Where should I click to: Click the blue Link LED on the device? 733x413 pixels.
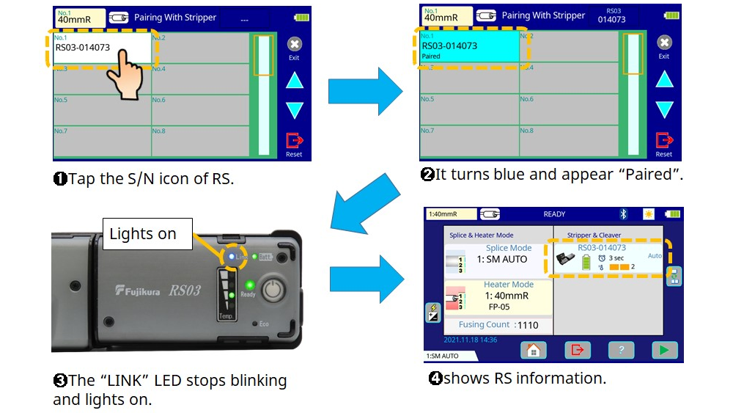tap(231, 257)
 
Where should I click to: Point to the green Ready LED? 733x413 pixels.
tap(249, 285)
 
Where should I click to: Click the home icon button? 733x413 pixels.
tap(533, 350)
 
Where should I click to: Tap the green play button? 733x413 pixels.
tap(665, 350)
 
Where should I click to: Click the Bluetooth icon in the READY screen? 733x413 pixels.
tap(624, 214)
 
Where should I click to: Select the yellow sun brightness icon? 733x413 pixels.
tap(648, 214)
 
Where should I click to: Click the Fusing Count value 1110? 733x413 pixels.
tap(527, 325)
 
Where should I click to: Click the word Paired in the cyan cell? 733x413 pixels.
tap(432, 56)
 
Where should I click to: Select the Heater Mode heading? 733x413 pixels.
tap(509, 285)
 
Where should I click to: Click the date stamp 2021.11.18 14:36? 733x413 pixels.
tap(471, 340)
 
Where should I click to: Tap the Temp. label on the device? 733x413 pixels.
tap(226, 315)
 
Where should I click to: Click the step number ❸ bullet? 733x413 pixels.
tap(60, 381)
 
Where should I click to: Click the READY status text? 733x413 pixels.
tap(554, 214)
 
